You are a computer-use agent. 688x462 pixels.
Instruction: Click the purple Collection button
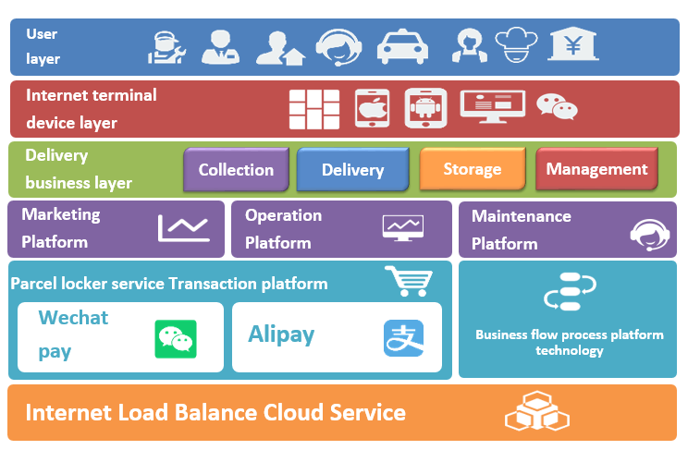(x=236, y=170)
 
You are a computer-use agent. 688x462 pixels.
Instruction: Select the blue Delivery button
(x=352, y=170)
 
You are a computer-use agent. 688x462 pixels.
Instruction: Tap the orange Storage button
(x=472, y=169)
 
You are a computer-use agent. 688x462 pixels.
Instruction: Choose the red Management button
(x=596, y=169)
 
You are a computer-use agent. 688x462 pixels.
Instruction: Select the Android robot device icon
(x=425, y=109)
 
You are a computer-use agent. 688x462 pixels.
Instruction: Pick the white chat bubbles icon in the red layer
(x=558, y=108)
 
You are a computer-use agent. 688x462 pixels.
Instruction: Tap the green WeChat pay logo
(x=176, y=338)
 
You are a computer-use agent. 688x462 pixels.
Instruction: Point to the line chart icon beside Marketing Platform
(x=184, y=227)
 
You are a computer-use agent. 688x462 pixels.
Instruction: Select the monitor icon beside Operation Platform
(x=403, y=227)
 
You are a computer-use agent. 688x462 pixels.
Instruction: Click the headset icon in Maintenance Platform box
(x=650, y=234)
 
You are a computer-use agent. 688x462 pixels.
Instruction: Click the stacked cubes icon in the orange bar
(x=534, y=411)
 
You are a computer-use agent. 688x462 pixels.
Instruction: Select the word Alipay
(x=281, y=334)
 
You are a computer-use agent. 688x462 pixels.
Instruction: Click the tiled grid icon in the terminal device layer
(x=314, y=109)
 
